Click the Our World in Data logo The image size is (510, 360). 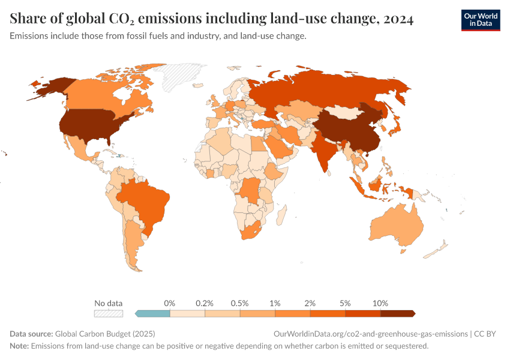click(x=480, y=20)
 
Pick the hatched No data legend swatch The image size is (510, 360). click(x=109, y=313)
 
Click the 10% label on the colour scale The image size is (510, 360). click(x=380, y=304)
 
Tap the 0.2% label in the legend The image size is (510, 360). click(x=205, y=304)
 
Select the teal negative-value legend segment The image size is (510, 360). click(x=154, y=313)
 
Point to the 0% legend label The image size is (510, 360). click(x=170, y=304)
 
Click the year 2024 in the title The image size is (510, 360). click(x=396, y=20)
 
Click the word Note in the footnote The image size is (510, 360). click(x=19, y=346)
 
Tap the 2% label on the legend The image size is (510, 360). click(x=310, y=304)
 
